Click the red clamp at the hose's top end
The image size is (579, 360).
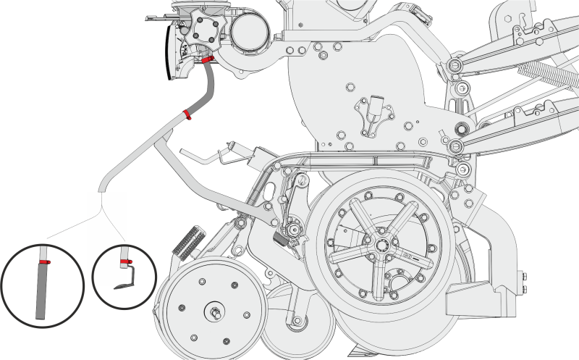(208, 59)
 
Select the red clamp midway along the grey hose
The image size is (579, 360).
(187, 114)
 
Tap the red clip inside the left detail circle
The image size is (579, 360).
(44, 261)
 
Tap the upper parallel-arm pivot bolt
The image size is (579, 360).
(456, 68)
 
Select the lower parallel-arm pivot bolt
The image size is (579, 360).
(457, 147)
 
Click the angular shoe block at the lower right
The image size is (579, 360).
(481, 296)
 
